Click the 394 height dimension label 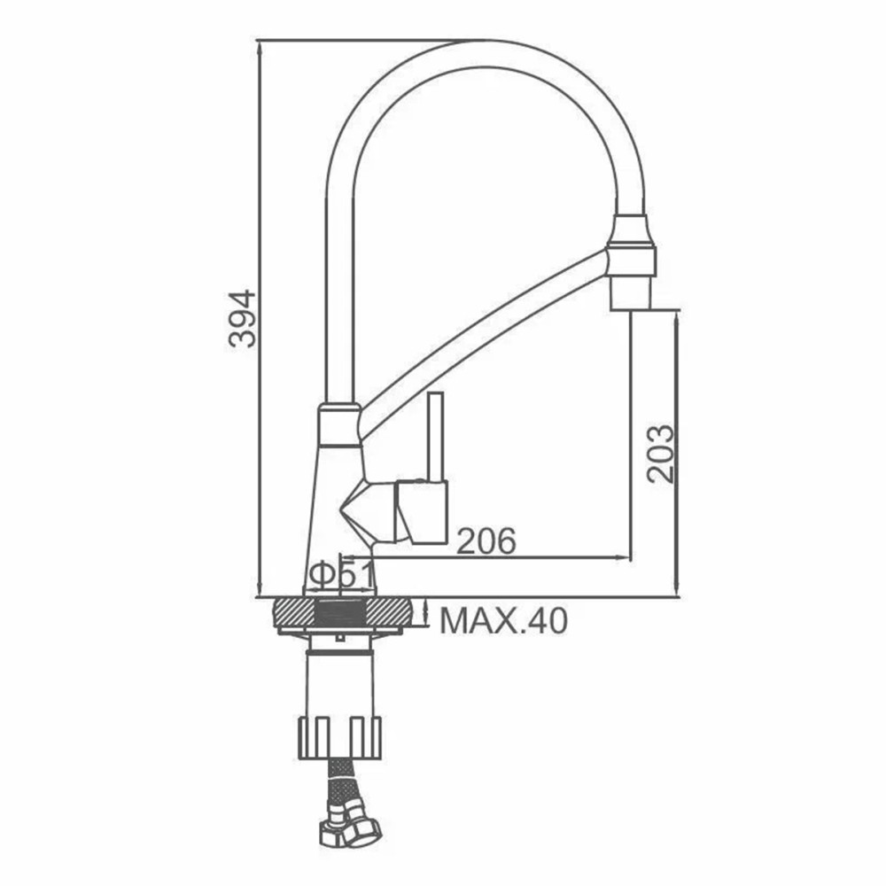coord(243,318)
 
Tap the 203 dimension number coord(661,454)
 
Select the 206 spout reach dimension coord(486,540)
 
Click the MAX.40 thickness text coord(503,622)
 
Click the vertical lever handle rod coord(436,436)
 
